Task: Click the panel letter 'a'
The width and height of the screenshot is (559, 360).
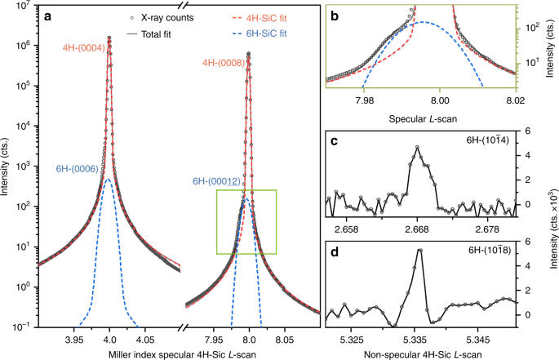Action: tap(49, 16)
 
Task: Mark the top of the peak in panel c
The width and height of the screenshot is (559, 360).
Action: tap(418, 147)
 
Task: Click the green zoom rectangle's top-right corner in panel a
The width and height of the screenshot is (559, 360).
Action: tap(277, 190)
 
